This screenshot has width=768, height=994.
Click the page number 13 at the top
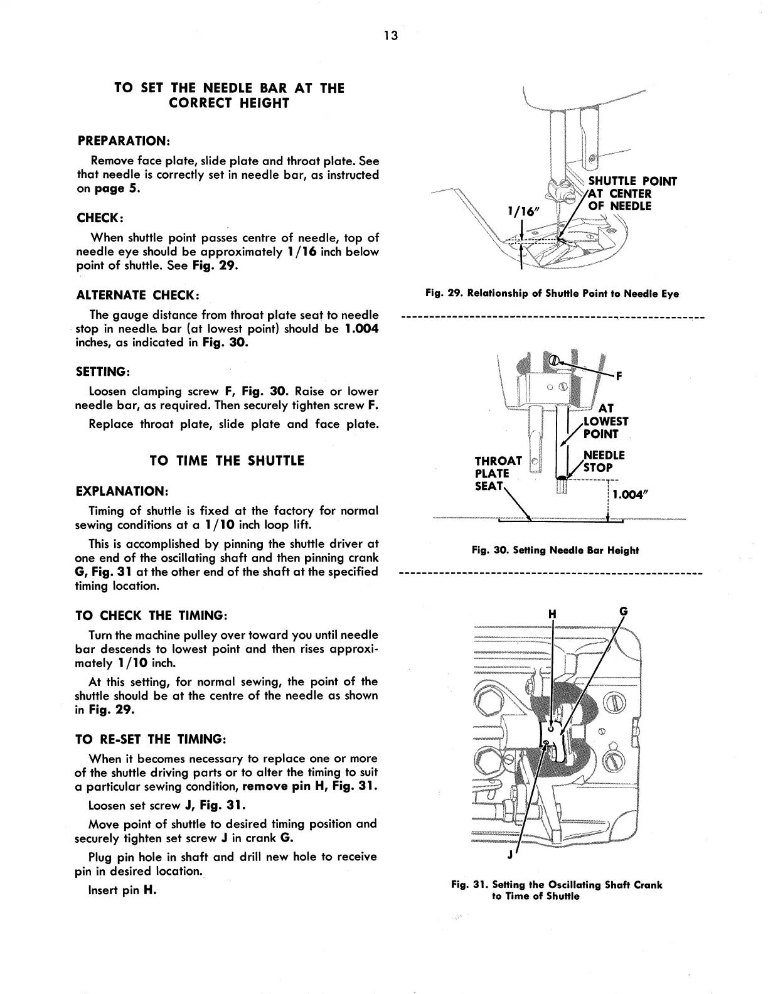pyautogui.click(x=390, y=35)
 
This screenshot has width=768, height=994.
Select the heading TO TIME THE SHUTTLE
pyautogui.click(x=227, y=461)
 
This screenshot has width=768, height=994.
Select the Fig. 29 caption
pyautogui.click(x=552, y=294)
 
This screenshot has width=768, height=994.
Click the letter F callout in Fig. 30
pyautogui.click(x=619, y=377)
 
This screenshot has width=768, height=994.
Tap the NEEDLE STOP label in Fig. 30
pyautogui.click(x=604, y=461)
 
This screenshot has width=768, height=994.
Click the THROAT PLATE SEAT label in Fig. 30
pyautogui.click(x=498, y=473)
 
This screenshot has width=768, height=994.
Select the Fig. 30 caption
pyautogui.click(x=555, y=550)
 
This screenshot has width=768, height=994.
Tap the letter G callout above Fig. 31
pyautogui.click(x=623, y=611)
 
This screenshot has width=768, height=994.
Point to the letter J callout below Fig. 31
pyautogui.click(x=510, y=855)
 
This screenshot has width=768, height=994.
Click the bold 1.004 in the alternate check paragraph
pyautogui.click(x=361, y=329)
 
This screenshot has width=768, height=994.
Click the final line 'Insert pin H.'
pyautogui.click(x=122, y=890)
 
